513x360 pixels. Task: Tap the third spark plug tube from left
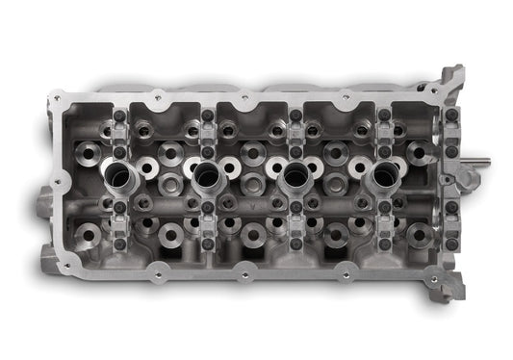[x=295, y=177]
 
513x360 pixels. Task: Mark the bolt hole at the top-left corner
[x=57, y=97]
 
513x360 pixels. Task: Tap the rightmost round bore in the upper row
[x=418, y=151]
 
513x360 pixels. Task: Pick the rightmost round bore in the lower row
[x=418, y=232]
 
